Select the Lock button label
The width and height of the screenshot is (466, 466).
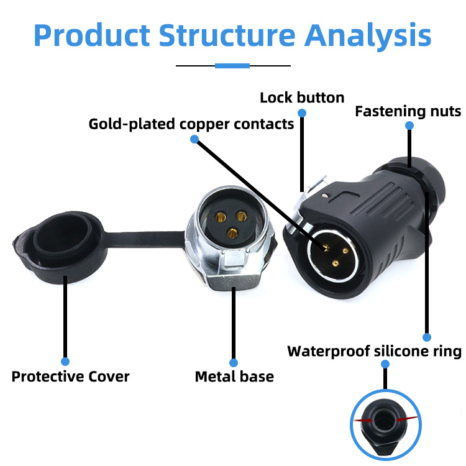(x=301, y=98)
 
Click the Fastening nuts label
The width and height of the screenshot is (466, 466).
(x=408, y=112)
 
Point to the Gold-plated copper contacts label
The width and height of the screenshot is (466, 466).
(x=191, y=124)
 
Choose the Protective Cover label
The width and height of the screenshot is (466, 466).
(x=70, y=377)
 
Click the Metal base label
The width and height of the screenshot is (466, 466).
(x=234, y=377)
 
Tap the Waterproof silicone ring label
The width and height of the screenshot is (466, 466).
(x=374, y=352)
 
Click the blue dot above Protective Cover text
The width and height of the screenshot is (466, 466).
(x=65, y=361)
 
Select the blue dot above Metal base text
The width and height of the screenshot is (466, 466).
(x=234, y=362)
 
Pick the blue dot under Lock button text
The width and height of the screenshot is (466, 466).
(x=302, y=113)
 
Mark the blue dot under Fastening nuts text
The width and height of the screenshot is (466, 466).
(x=409, y=126)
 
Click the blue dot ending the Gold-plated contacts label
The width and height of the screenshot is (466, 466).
(x=194, y=139)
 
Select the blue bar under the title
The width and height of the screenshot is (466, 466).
(x=232, y=65)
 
